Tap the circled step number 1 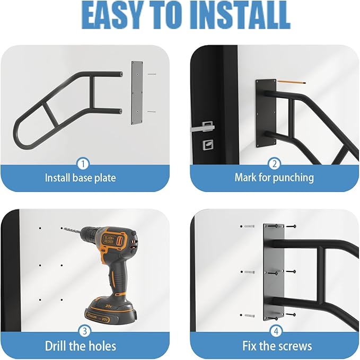[x=83, y=163]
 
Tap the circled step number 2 [x=274, y=163]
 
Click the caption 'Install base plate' [x=80, y=177]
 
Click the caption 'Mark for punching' [x=274, y=177]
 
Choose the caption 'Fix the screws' [x=277, y=347]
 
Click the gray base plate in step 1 [x=137, y=92]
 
